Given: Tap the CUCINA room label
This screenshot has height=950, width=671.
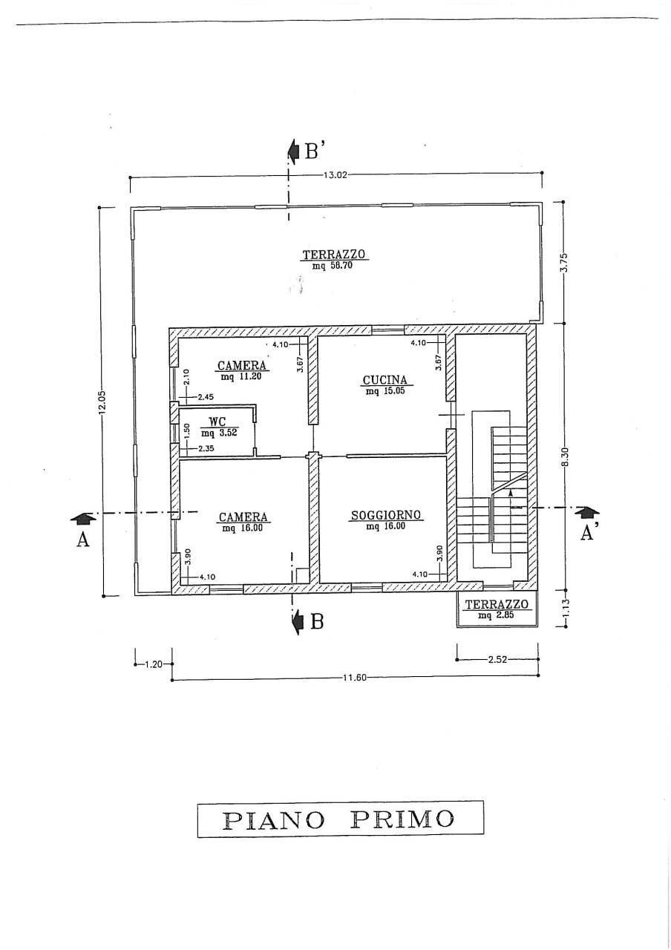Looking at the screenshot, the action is coord(385,380).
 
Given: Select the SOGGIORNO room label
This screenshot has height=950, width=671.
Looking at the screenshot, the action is coord(386,515).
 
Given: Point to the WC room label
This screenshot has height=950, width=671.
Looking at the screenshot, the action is coord(217,422).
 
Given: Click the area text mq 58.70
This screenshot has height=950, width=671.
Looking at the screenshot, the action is coord(333,266).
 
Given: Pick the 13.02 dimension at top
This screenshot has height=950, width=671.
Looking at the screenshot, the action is coord(335,174).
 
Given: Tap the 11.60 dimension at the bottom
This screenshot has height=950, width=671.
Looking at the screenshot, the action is coord(355,678).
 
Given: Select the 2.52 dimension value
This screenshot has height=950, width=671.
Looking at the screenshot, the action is coord(497,660).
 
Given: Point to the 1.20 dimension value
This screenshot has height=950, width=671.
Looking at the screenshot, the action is coord(154,664).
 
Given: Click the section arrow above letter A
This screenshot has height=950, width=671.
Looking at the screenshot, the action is coord(82,517).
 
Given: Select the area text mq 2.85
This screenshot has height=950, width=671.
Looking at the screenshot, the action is coord(496,615).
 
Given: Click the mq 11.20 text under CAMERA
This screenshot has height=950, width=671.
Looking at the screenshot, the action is coord(241,376).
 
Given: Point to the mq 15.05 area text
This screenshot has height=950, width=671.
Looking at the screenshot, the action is coord(385,391).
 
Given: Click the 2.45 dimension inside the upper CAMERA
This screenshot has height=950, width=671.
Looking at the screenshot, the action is coord(205,397).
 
